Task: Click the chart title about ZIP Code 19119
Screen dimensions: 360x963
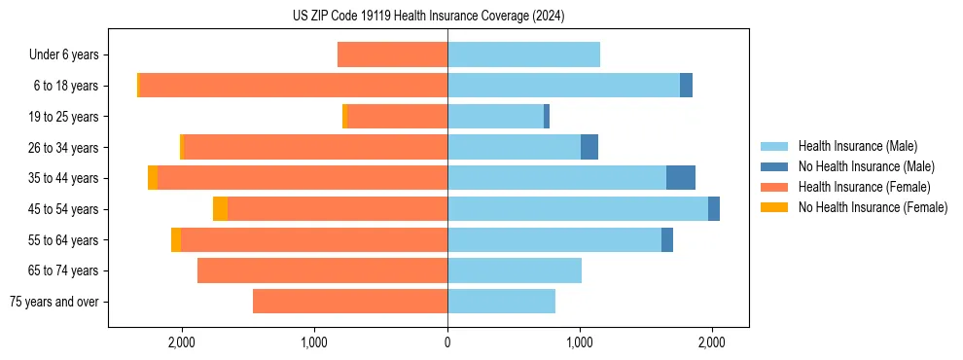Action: tap(428, 16)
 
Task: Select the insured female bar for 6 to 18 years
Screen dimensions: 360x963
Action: tap(293, 86)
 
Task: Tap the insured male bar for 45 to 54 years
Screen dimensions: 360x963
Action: tap(578, 208)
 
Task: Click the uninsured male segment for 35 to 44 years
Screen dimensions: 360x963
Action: tap(681, 178)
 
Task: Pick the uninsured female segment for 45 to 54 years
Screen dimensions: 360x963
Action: tap(220, 208)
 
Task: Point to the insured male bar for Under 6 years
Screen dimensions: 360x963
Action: tap(523, 54)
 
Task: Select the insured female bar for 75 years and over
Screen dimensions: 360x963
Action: tap(350, 301)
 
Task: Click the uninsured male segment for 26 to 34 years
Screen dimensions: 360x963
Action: tap(589, 147)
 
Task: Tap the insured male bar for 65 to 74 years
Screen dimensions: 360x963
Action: tap(515, 270)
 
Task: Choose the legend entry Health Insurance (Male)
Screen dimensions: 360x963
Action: tap(857, 146)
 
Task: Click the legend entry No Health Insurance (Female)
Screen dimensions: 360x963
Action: tap(873, 207)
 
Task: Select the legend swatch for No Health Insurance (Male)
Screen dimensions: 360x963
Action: tap(775, 166)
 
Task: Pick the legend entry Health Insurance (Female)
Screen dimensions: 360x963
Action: tap(864, 187)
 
